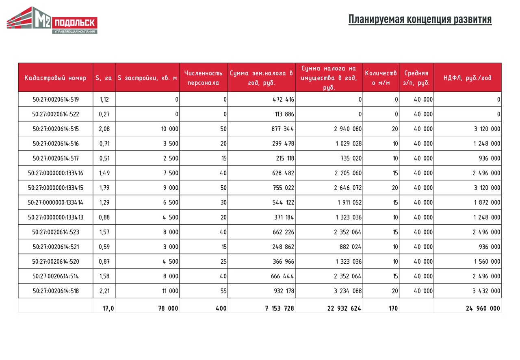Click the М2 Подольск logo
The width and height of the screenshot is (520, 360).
52,20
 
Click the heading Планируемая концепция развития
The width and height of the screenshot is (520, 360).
420,20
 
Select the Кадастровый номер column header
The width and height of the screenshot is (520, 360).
56,78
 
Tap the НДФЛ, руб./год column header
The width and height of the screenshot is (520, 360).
467,78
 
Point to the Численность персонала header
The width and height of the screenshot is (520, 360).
203,78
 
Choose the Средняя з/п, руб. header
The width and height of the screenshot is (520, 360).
416,78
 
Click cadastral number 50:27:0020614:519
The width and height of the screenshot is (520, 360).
56,100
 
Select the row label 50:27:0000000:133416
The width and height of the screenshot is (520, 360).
56,173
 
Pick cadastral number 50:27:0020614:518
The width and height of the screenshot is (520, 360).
56,291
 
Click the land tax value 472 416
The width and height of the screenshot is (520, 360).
284,100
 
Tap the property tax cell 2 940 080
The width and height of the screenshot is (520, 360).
348,129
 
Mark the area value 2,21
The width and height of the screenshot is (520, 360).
104,291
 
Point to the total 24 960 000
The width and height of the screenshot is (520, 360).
483,308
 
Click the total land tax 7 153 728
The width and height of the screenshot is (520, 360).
279,308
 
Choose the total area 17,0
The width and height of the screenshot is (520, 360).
108,308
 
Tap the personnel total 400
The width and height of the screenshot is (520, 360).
221,308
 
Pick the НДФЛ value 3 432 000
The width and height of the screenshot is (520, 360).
486,291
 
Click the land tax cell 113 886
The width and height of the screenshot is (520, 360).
284,114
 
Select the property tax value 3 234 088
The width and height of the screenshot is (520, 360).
348,291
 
